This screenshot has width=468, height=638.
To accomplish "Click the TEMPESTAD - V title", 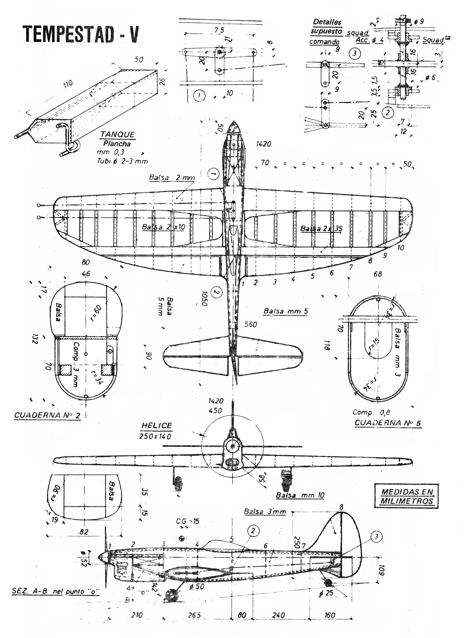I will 81,34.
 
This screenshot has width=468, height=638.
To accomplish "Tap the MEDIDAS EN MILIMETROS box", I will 406,496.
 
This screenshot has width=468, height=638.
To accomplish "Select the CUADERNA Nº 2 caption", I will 47,415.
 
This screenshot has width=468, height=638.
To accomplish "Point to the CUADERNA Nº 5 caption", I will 388,423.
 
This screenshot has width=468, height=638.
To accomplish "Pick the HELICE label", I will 157,426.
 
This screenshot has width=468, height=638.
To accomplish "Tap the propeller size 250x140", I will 155,436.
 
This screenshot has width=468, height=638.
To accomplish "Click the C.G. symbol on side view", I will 182,538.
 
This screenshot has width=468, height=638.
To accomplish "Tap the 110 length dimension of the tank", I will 68,84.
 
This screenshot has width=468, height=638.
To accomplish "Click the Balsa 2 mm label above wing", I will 172,178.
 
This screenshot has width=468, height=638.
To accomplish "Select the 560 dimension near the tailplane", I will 251,324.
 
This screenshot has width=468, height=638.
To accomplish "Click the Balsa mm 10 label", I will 300,495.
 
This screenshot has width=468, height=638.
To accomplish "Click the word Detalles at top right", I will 327,22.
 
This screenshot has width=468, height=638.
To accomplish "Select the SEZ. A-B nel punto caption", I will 55,591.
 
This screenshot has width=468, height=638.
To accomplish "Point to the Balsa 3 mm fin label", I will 265,511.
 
